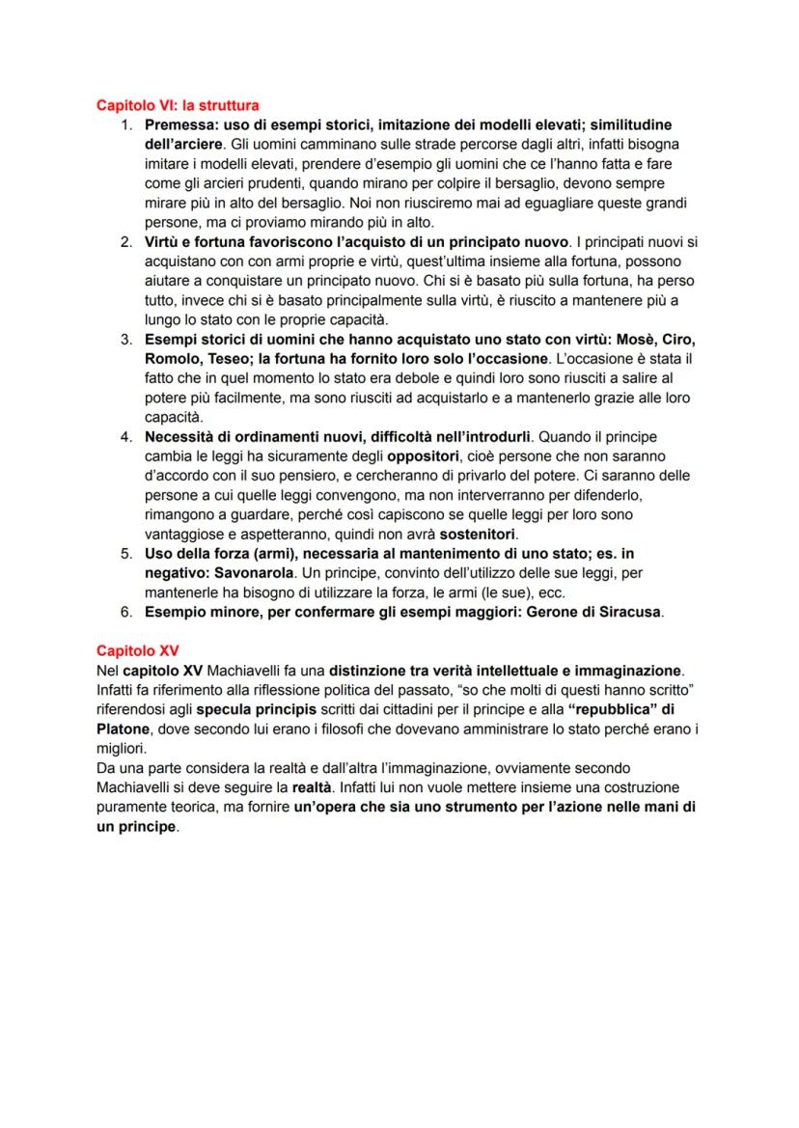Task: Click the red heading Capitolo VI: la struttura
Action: (x=178, y=104)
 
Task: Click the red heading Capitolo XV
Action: (x=137, y=650)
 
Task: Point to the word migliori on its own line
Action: (x=121, y=748)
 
